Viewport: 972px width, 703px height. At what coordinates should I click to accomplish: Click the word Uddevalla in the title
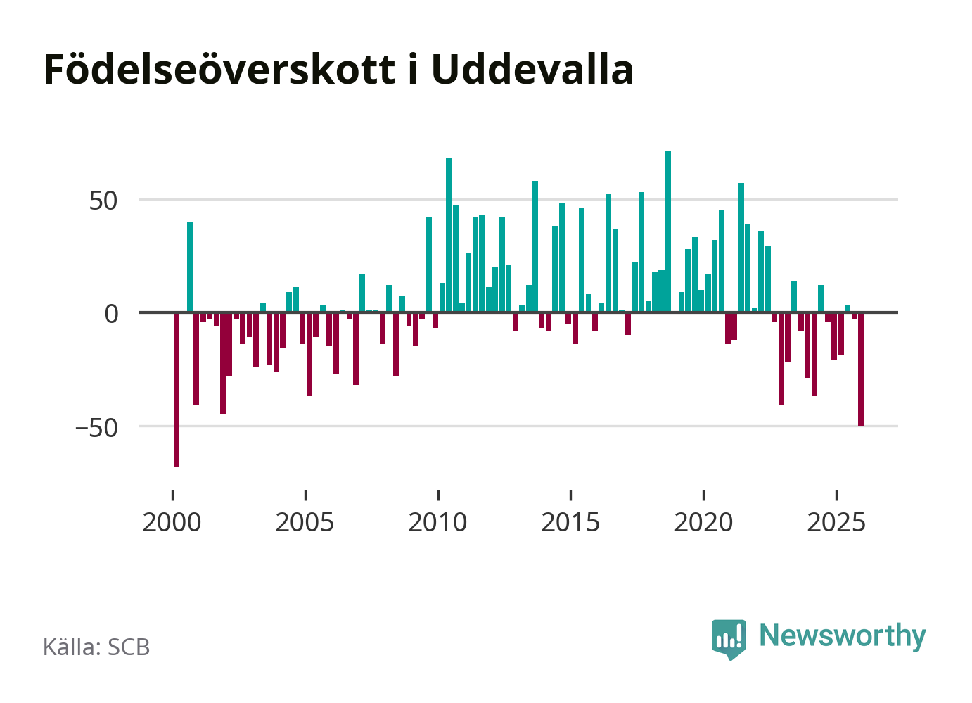tap(532, 70)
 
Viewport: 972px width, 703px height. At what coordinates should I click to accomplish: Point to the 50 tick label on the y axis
tap(103, 201)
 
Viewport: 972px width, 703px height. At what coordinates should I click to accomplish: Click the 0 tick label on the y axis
tap(112, 314)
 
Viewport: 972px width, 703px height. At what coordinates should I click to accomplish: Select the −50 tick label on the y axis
tap(97, 427)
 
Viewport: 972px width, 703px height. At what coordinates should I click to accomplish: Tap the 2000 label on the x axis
tap(172, 523)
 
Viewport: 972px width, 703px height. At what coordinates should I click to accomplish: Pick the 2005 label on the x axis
tap(305, 523)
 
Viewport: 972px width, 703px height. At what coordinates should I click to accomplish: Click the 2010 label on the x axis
tap(437, 523)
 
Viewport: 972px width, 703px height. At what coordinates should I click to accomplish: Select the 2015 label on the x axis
tap(570, 523)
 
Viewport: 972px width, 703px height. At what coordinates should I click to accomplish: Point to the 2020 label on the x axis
tap(703, 523)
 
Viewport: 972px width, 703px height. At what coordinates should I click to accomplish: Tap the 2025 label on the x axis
tap(836, 523)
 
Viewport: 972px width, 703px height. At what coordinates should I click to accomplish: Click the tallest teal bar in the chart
tap(668, 232)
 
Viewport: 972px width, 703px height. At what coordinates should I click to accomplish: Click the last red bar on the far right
tap(861, 369)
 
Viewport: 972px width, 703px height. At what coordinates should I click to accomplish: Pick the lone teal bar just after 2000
tap(190, 267)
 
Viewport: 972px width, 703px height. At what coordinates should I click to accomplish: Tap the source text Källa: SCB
tap(96, 647)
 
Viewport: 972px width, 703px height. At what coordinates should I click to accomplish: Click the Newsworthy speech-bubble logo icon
tap(729, 638)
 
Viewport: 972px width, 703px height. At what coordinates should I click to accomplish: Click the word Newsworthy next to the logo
tap(843, 635)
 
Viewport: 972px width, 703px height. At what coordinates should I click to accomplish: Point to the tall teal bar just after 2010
tap(449, 235)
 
